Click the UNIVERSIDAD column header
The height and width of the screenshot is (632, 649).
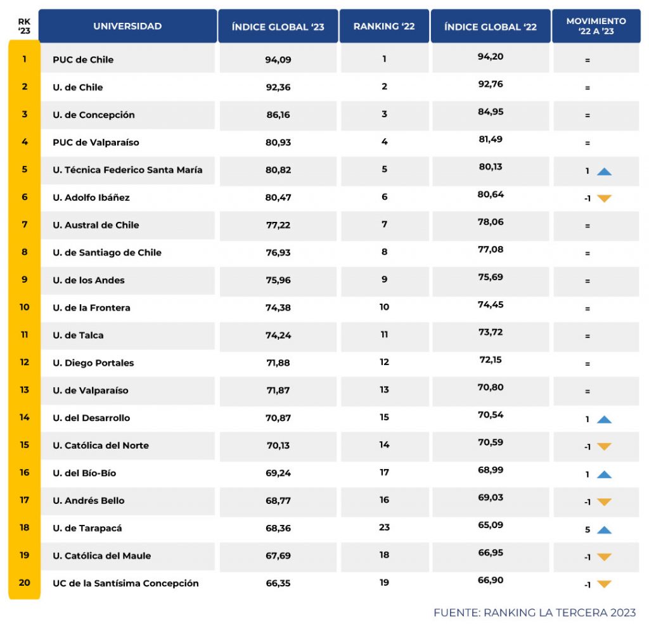[x=127, y=26]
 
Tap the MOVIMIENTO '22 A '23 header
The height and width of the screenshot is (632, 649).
[x=596, y=26]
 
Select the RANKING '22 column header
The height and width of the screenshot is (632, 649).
[x=384, y=26]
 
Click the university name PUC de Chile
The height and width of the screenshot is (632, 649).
[x=83, y=60]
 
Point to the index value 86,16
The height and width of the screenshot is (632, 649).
[x=278, y=115]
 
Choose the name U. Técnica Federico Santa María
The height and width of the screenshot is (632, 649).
[x=127, y=170]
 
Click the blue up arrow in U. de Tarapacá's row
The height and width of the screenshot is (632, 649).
[x=604, y=530]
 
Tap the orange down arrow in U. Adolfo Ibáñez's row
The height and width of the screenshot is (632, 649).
[x=604, y=198]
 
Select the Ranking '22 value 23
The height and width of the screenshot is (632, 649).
[x=384, y=527]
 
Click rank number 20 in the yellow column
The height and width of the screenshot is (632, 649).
[x=25, y=583]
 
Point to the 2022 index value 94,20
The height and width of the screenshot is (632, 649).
[x=491, y=56]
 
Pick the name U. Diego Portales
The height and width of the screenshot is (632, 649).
[x=94, y=363]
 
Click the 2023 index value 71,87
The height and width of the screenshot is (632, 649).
[x=278, y=390]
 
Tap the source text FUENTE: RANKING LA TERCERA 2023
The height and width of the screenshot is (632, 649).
[x=534, y=612]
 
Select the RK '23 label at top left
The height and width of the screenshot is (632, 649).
[x=24, y=26]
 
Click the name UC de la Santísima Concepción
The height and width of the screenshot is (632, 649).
[x=126, y=583]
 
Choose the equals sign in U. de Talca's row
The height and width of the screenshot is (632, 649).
[x=588, y=336]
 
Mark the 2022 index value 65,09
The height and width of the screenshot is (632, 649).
[x=491, y=525]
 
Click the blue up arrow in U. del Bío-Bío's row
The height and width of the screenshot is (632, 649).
[x=604, y=475]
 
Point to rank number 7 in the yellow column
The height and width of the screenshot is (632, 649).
[x=25, y=224]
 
